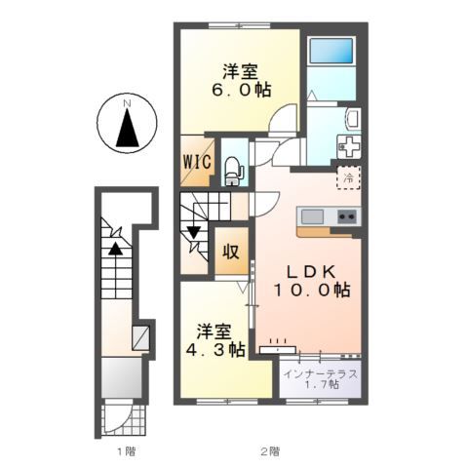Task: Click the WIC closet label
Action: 197,162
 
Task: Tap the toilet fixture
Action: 234,171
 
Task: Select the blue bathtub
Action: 331,51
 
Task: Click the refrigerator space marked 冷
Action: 348,177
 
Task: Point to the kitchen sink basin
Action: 312,216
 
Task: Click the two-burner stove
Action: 347,216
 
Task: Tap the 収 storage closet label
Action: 231,251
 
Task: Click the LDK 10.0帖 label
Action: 312,281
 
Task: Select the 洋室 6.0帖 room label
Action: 241,81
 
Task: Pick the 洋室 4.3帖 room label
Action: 215,340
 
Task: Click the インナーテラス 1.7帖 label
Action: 321,379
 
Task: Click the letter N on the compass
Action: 127,103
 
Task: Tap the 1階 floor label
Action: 127,451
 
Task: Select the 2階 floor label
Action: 270,451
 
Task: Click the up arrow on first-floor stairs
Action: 115,249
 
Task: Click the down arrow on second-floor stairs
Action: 194,232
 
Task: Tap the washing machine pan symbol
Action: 349,146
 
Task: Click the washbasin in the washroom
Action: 353,118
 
